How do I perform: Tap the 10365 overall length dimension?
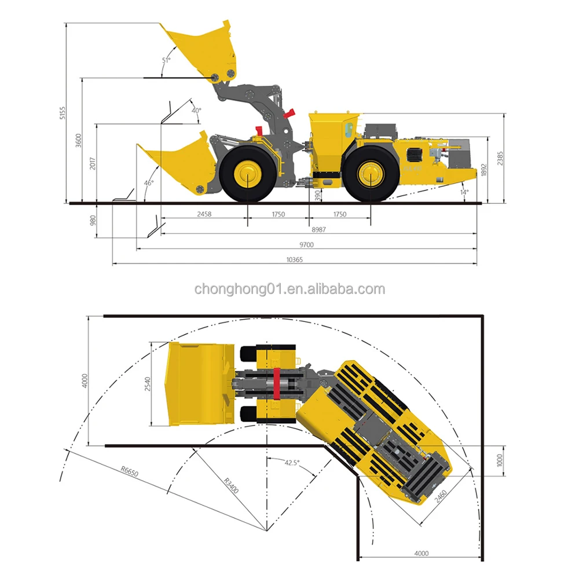coord(294,260)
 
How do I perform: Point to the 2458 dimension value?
coord(204,214)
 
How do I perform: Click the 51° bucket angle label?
coord(166,60)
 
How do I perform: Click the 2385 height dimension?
coord(508,158)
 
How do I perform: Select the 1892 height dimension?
coord(492,170)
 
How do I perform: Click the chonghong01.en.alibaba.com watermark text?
coord(289,289)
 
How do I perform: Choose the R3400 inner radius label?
coord(231,483)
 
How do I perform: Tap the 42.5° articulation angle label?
coord(292,463)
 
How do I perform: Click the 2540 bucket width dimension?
coord(148,383)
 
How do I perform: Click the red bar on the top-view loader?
coord(277,383)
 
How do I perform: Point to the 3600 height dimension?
coord(79,141)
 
